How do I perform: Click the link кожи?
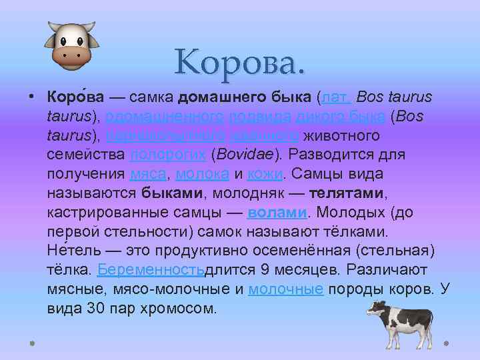(x=265, y=175)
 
